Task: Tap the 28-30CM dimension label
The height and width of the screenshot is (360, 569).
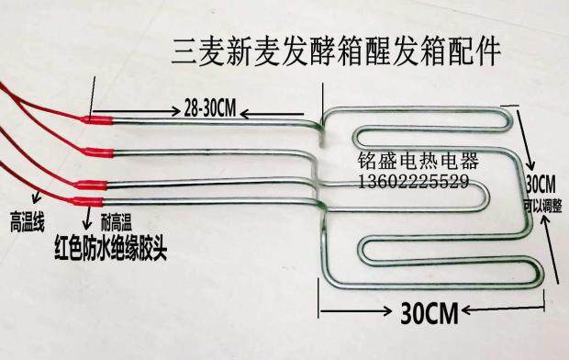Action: [210, 107]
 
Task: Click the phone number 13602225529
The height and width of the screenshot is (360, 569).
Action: [413, 183]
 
